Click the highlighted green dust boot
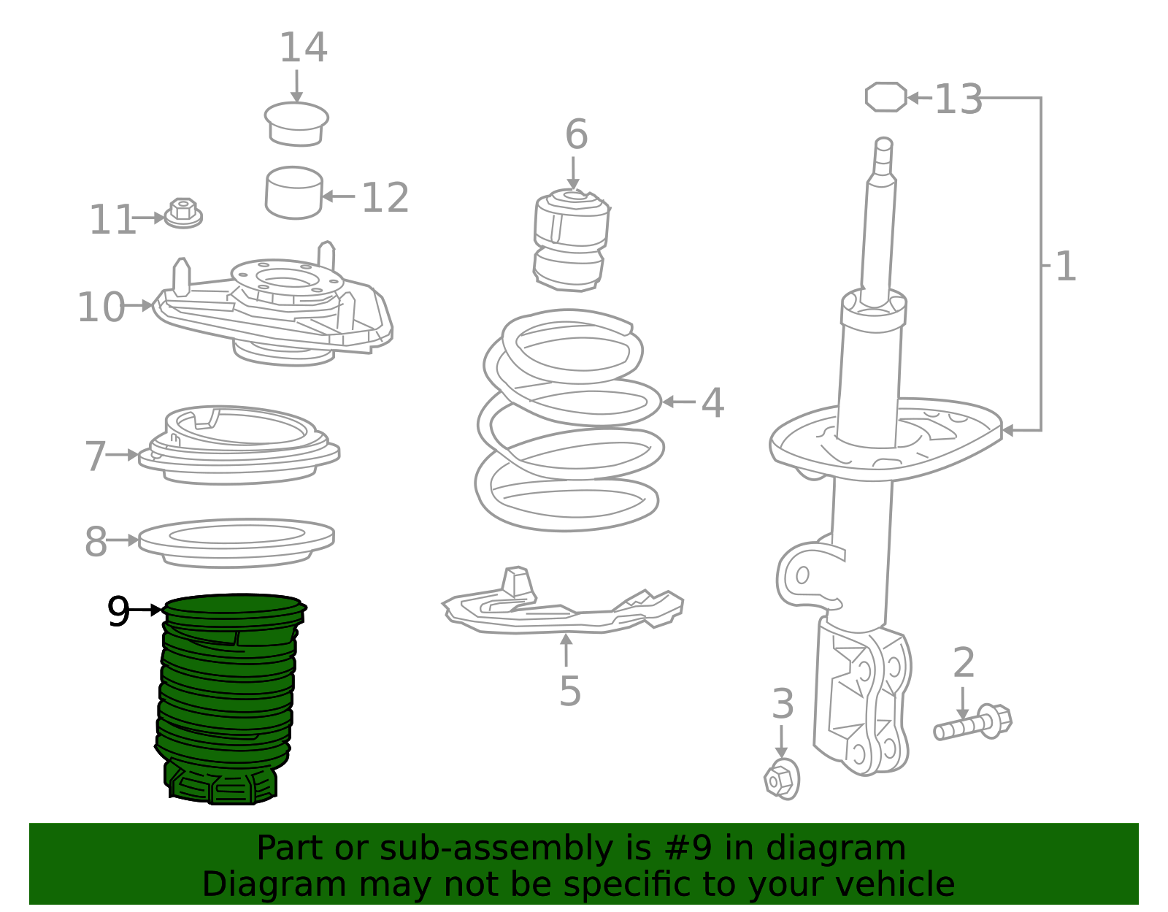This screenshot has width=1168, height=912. (x=226, y=694)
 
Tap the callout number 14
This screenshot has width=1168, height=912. (x=303, y=49)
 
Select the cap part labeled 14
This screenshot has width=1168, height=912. (x=296, y=125)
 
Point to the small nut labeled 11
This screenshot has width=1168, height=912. (x=183, y=213)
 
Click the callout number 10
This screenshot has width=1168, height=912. (x=101, y=307)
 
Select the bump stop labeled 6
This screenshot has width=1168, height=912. (x=571, y=240)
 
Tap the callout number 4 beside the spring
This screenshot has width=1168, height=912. (x=712, y=403)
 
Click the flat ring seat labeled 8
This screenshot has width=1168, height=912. (x=236, y=543)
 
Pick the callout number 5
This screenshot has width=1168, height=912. (x=569, y=691)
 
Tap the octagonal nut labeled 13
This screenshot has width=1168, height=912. (x=885, y=97)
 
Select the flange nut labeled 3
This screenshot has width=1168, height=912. (x=781, y=780)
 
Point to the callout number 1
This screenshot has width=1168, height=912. (x=1066, y=267)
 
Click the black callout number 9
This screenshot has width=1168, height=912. (x=118, y=611)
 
